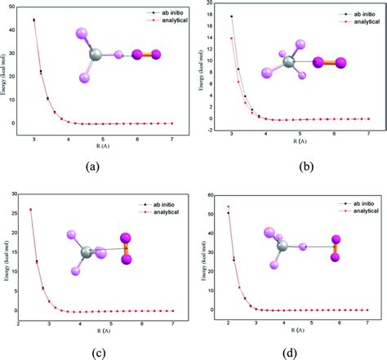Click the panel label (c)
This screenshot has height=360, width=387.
point(92,352)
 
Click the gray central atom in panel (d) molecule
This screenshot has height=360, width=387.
point(282,245)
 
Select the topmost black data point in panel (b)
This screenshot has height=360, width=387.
point(231,16)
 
